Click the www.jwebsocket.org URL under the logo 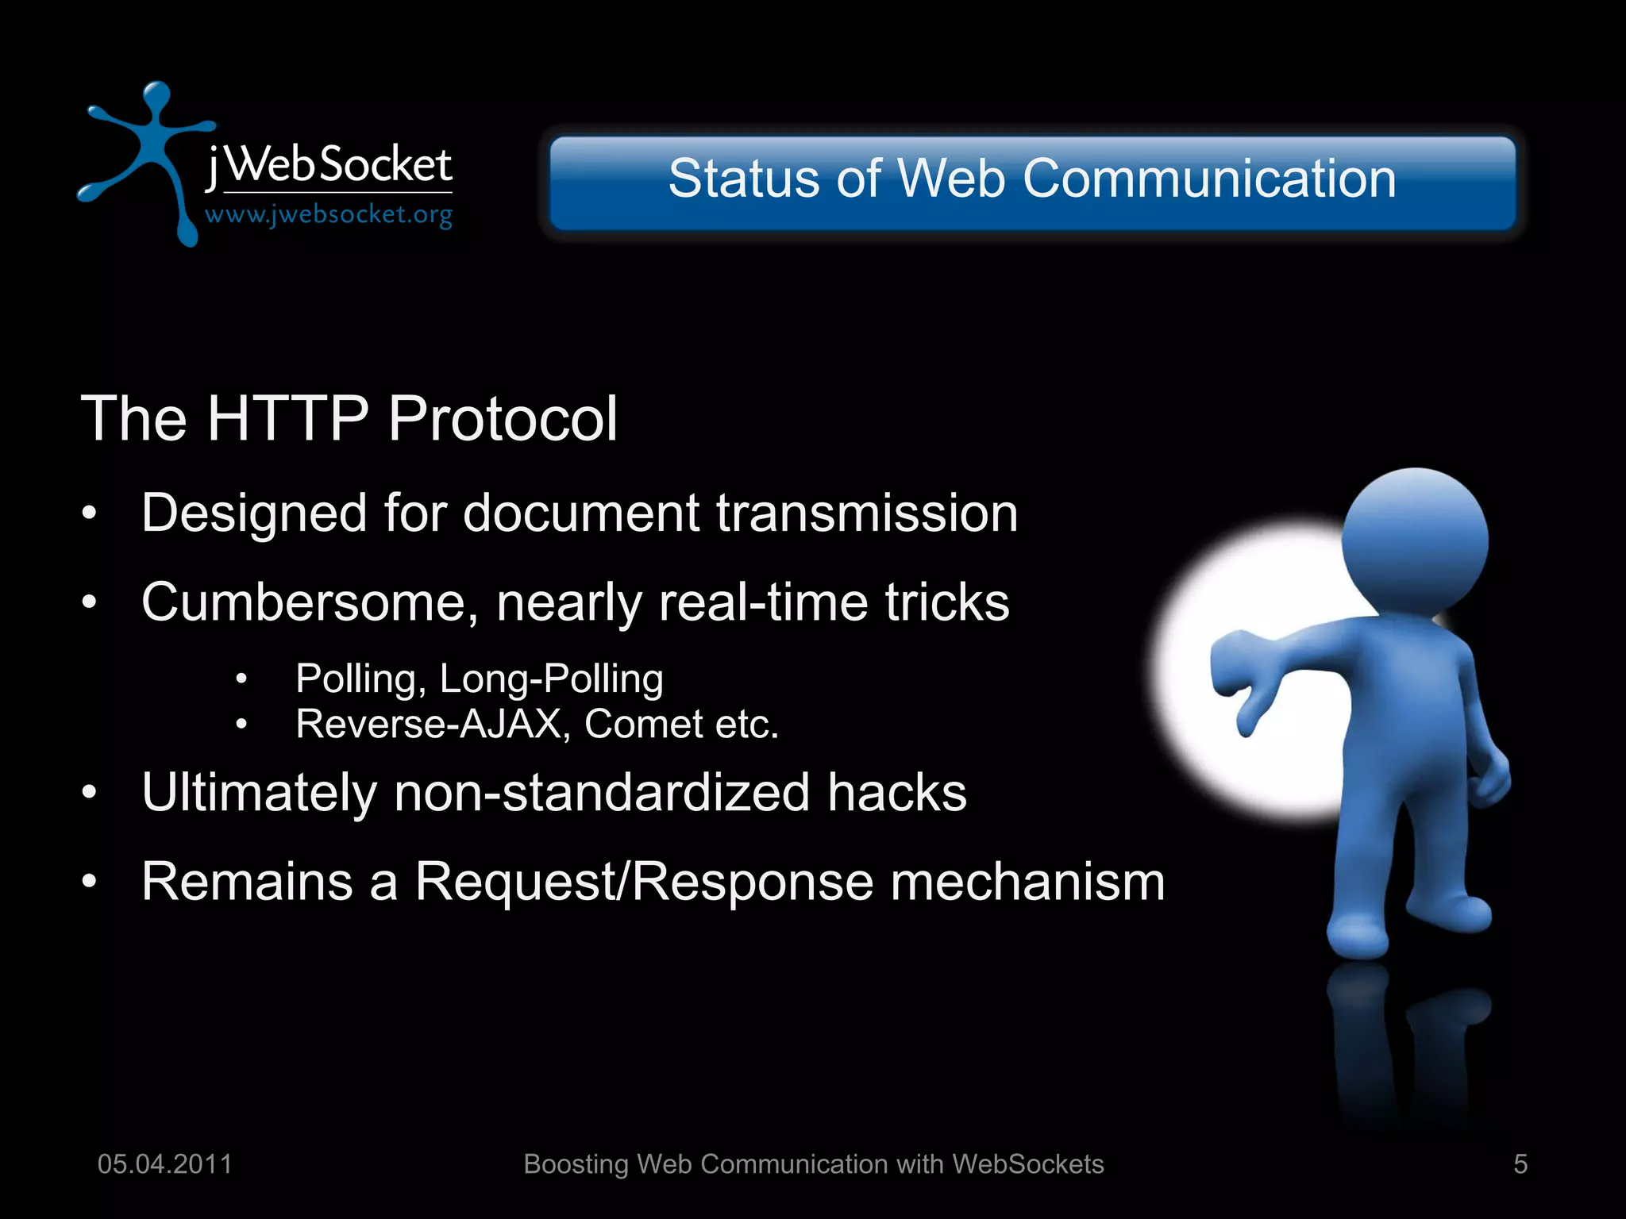(329, 214)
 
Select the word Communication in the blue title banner (1209, 179)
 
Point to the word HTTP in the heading (287, 418)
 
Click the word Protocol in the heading (503, 418)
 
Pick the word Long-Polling (551, 679)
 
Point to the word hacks (897, 792)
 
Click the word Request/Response (644, 882)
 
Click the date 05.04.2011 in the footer (164, 1164)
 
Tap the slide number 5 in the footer (1520, 1164)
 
